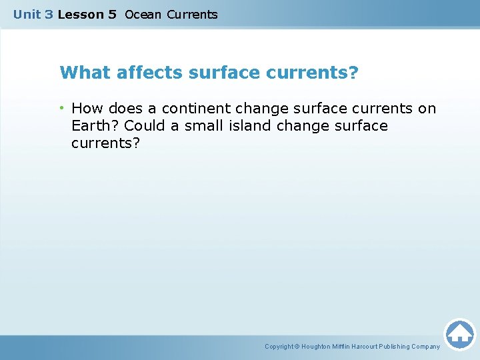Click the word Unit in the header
[x=27, y=14]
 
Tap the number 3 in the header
[x=49, y=14]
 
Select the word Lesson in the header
[x=78, y=14]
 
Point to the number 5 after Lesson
[x=112, y=14]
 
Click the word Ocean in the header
[x=143, y=14]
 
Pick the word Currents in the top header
[x=192, y=14]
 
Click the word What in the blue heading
[x=85, y=72]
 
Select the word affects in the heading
[x=151, y=72]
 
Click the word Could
[x=145, y=125]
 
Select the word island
[x=249, y=125]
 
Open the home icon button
[x=459, y=333]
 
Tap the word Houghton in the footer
[x=321, y=347]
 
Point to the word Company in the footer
[x=425, y=347]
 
